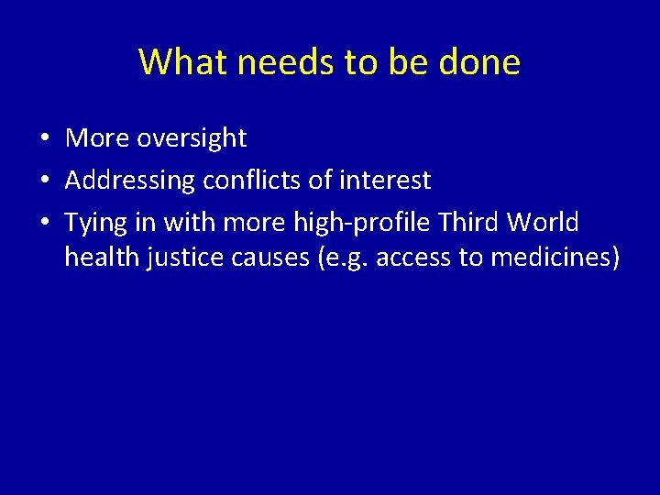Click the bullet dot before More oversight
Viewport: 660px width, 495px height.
44,139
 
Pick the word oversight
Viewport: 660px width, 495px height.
192,138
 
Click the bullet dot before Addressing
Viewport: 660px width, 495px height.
44,181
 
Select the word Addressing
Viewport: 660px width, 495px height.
130,181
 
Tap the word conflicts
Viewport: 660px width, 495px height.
252,181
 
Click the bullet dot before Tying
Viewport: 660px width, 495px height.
44,224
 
